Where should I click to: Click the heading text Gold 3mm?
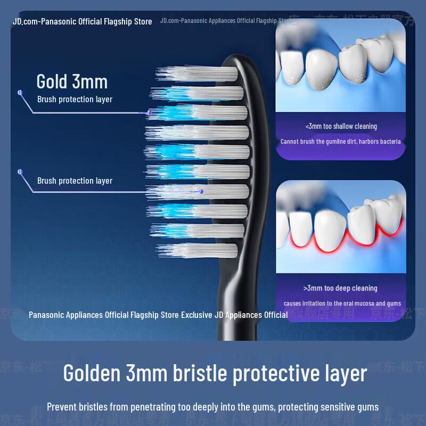pos(72,81)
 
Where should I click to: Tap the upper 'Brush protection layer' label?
pos(75,100)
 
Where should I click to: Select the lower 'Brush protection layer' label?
pos(75,181)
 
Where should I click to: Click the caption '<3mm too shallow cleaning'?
pos(341,127)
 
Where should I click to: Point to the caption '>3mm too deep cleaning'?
pos(340,288)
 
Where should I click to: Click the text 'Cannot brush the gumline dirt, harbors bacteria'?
pos(341,142)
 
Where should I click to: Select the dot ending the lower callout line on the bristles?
pos(201,191)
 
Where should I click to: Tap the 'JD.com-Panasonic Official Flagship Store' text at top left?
pos(83,22)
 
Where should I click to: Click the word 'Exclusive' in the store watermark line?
pos(196,315)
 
